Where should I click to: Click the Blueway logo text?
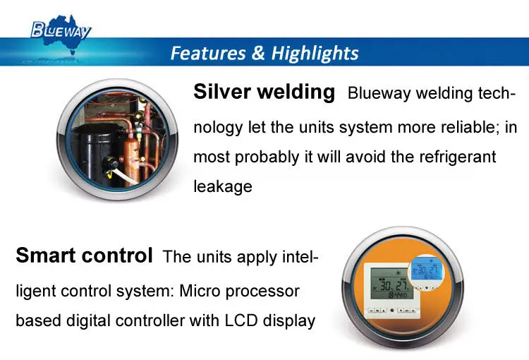(x=61, y=29)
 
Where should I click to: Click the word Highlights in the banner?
(x=317, y=53)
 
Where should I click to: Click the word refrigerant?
(x=459, y=156)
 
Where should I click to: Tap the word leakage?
(x=222, y=187)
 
